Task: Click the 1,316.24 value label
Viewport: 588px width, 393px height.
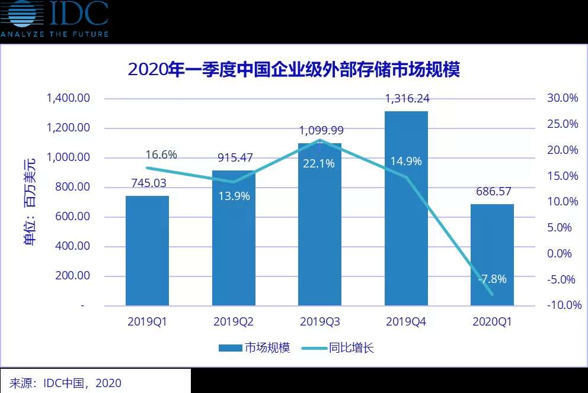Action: (407, 99)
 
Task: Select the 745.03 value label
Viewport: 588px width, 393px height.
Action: (147, 183)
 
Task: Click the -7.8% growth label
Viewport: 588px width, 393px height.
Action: (492, 279)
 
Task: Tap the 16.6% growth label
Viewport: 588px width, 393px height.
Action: (161, 155)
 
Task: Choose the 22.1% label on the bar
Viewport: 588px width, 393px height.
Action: (319, 164)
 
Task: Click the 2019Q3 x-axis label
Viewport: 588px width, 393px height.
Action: (319, 322)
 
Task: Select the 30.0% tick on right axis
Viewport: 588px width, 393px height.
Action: (562, 98)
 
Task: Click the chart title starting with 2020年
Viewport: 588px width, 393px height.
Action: (294, 70)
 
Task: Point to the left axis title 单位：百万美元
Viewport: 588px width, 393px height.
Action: (29, 201)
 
